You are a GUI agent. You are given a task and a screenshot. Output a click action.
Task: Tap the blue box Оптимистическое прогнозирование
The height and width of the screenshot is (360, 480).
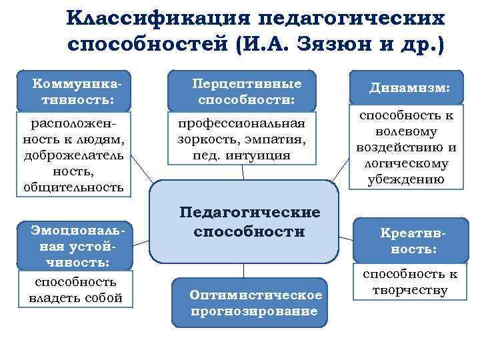[255, 303]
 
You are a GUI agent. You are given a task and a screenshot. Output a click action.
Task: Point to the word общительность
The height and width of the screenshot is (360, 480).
[73, 187]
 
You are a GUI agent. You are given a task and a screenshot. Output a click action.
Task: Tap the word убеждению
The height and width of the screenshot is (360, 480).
[406, 178]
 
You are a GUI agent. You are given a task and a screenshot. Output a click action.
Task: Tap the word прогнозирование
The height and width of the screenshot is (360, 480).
[255, 311]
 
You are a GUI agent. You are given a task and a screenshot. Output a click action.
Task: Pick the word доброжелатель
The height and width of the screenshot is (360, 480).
[74, 155]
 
